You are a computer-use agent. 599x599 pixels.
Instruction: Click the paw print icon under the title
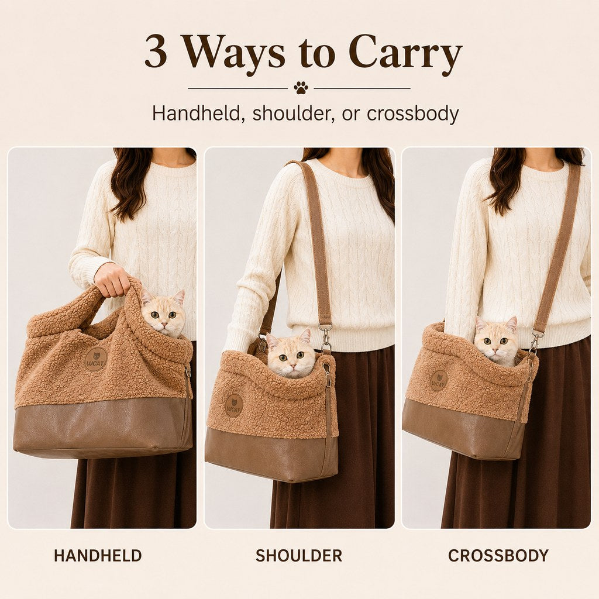click(x=301, y=88)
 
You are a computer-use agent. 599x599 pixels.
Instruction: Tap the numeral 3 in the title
click(x=156, y=51)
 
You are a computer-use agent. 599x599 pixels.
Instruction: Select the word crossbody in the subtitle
click(x=412, y=113)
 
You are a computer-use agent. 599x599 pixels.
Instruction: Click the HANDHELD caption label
click(x=98, y=556)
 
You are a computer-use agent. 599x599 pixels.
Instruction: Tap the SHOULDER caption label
click(x=299, y=556)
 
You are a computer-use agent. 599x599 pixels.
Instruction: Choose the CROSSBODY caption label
click(x=498, y=556)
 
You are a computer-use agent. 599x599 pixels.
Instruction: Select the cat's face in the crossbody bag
click(x=497, y=340)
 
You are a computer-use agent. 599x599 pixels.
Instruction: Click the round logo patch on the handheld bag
click(x=95, y=359)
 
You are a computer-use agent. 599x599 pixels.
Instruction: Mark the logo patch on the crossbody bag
click(x=439, y=381)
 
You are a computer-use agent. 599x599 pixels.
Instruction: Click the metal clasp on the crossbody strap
click(x=536, y=339)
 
